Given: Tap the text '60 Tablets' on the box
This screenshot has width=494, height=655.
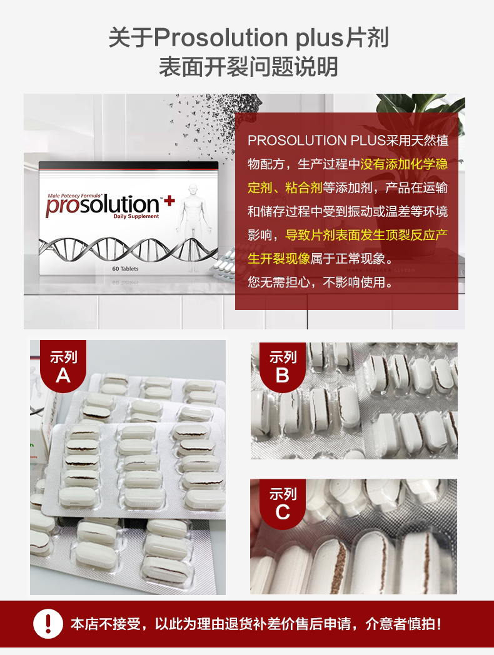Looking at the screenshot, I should coord(126,268).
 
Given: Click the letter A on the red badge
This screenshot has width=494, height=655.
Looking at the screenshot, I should coord(63,375).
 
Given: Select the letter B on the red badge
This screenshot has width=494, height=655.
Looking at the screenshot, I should coord(283,375).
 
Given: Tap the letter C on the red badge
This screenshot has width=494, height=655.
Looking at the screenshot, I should coord(283,512).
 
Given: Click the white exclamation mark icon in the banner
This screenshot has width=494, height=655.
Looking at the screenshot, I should coord(48,624).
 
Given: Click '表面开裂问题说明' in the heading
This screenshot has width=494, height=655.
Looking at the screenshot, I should coord(248,67).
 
